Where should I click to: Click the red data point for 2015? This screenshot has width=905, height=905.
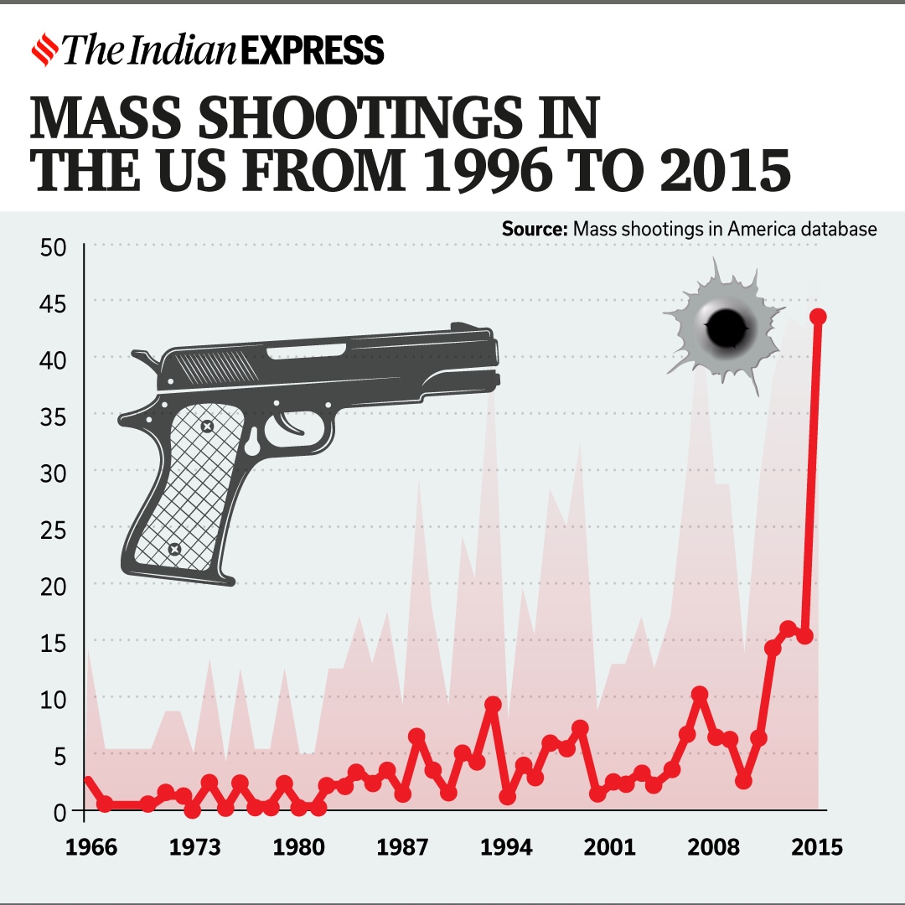tap(819, 317)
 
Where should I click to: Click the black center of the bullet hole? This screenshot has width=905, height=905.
tap(727, 328)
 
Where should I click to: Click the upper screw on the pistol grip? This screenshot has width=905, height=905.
tap(207, 427)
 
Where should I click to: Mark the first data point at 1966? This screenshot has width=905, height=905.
tap(88, 782)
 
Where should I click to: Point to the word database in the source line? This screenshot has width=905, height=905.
tap(840, 229)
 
